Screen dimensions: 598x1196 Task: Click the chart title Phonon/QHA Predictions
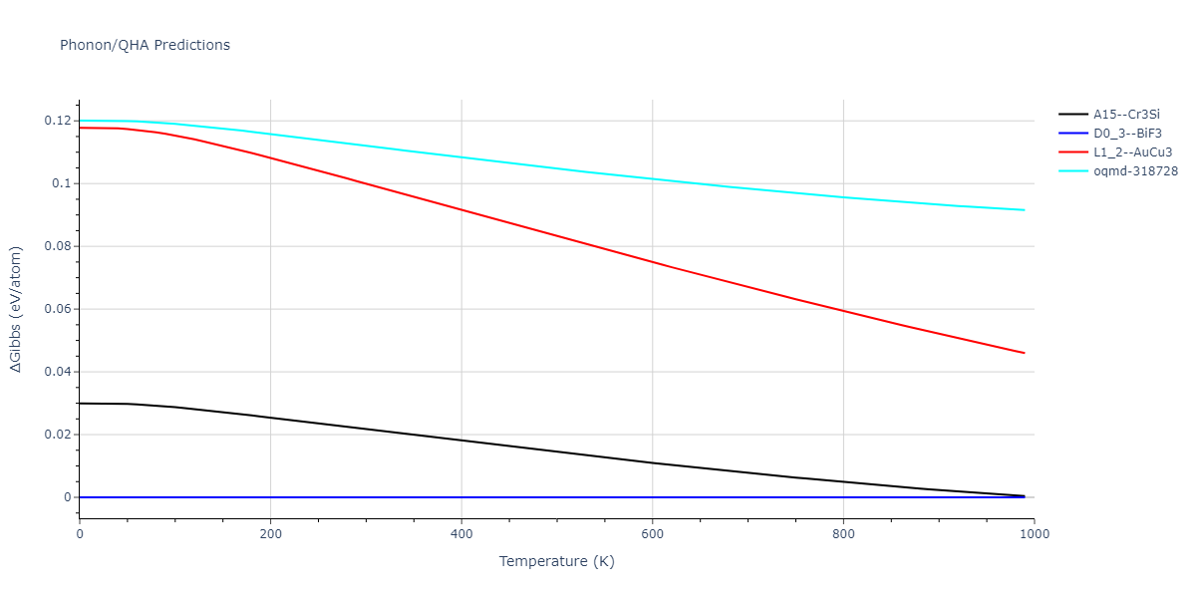[x=145, y=45]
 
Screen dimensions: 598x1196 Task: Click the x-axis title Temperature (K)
[x=556, y=562]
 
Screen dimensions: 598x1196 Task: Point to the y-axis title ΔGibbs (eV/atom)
[x=17, y=309]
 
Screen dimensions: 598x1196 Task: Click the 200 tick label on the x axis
[x=270, y=534]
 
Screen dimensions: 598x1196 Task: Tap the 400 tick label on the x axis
[x=461, y=534]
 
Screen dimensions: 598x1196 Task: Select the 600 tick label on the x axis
[x=652, y=534]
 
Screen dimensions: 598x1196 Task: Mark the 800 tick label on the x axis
[x=843, y=534]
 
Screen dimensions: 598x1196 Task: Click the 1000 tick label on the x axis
[x=1034, y=534]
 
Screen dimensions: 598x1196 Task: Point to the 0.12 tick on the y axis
[x=58, y=121]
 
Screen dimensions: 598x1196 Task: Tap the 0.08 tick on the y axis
[x=58, y=246]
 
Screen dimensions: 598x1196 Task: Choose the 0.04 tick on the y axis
[x=58, y=372]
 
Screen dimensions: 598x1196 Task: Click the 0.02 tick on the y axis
[x=58, y=435]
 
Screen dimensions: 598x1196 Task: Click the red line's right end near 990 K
[x=1024, y=353]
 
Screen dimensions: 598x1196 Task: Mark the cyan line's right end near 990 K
[x=1024, y=210]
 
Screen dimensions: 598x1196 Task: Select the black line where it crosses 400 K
[x=461, y=441]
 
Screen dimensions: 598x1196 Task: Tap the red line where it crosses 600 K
[x=652, y=261]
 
